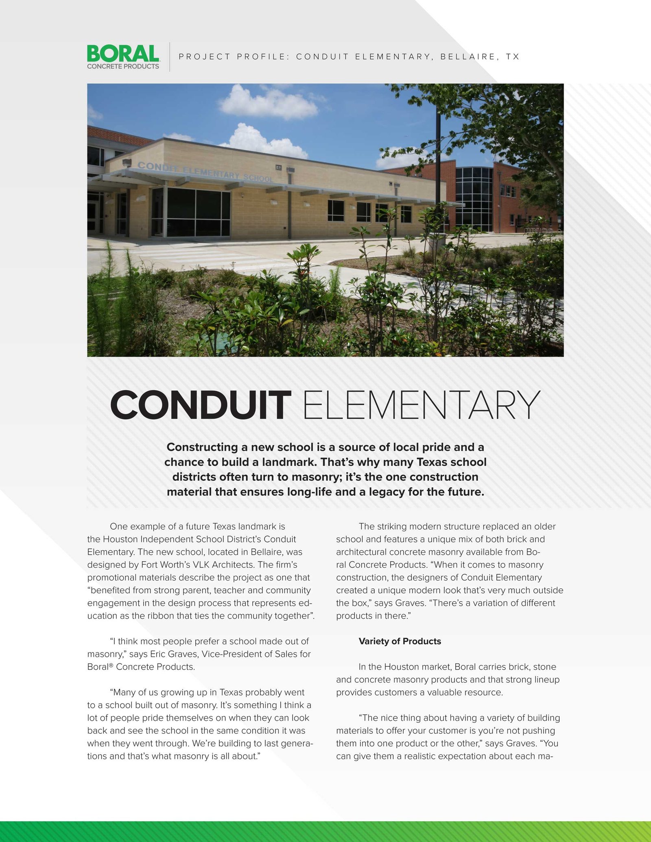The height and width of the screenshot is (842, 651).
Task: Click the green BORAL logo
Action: pos(123,53)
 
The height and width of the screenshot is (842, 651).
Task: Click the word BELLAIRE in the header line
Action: pos(468,57)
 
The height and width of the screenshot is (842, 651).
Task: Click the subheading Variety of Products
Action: pos(400,641)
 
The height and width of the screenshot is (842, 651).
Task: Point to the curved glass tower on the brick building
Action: pos(474,199)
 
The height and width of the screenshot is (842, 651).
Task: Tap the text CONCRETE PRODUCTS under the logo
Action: pos(123,66)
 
